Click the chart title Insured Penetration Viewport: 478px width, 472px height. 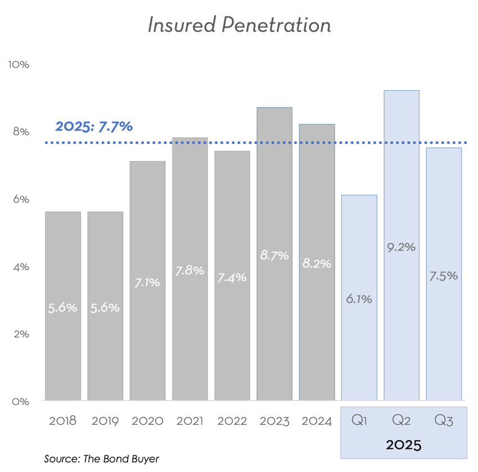(x=239, y=25)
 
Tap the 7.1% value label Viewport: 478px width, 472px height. (x=147, y=282)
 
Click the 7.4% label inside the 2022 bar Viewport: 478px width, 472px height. (x=232, y=277)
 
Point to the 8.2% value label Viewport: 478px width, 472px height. (x=317, y=263)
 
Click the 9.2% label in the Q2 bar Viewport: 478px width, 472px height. (x=402, y=247)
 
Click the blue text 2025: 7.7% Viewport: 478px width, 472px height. (x=94, y=127)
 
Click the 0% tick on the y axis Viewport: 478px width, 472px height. (x=21, y=401)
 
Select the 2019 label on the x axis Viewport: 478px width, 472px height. (x=105, y=420)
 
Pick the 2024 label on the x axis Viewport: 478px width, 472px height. (x=317, y=420)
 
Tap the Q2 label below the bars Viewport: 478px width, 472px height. (x=402, y=420)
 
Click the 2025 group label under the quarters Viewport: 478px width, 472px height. (x=403, y=444)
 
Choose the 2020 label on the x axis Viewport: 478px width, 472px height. (x=147, y=420)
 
